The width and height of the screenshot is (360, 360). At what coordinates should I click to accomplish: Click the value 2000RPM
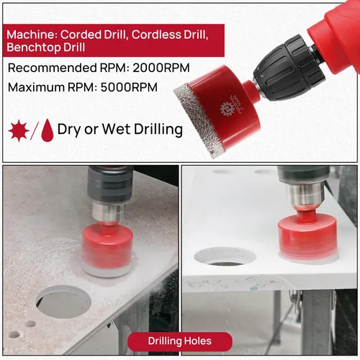(x=161, y=68)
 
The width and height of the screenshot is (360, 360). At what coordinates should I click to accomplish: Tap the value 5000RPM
(x=129, y=87)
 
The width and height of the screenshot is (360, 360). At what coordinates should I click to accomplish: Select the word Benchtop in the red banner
(x=34, y=48)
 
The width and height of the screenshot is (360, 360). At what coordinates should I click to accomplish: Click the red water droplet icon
(x=48, y=130)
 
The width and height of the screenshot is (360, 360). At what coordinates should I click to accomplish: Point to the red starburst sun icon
(x=19, y=131)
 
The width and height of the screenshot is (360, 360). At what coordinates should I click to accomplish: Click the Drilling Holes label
(x=180, y=341)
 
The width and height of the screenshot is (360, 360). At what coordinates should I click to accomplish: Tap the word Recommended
(x=52, y=68)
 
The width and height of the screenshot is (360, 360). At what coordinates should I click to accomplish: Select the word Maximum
(x=36, y=87)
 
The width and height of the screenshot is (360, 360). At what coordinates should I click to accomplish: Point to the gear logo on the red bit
(x=227, y=109)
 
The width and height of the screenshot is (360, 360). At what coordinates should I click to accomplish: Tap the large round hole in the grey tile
(x=63, y=302)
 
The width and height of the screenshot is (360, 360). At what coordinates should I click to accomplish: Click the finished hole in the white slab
(x=225, y=258)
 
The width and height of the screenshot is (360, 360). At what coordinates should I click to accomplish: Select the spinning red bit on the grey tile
(x=107, y=250)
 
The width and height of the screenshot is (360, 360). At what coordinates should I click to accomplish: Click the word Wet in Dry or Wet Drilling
(x=116, y=129)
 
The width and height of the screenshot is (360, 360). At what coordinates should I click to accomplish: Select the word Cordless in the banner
(x=156, y=35)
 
